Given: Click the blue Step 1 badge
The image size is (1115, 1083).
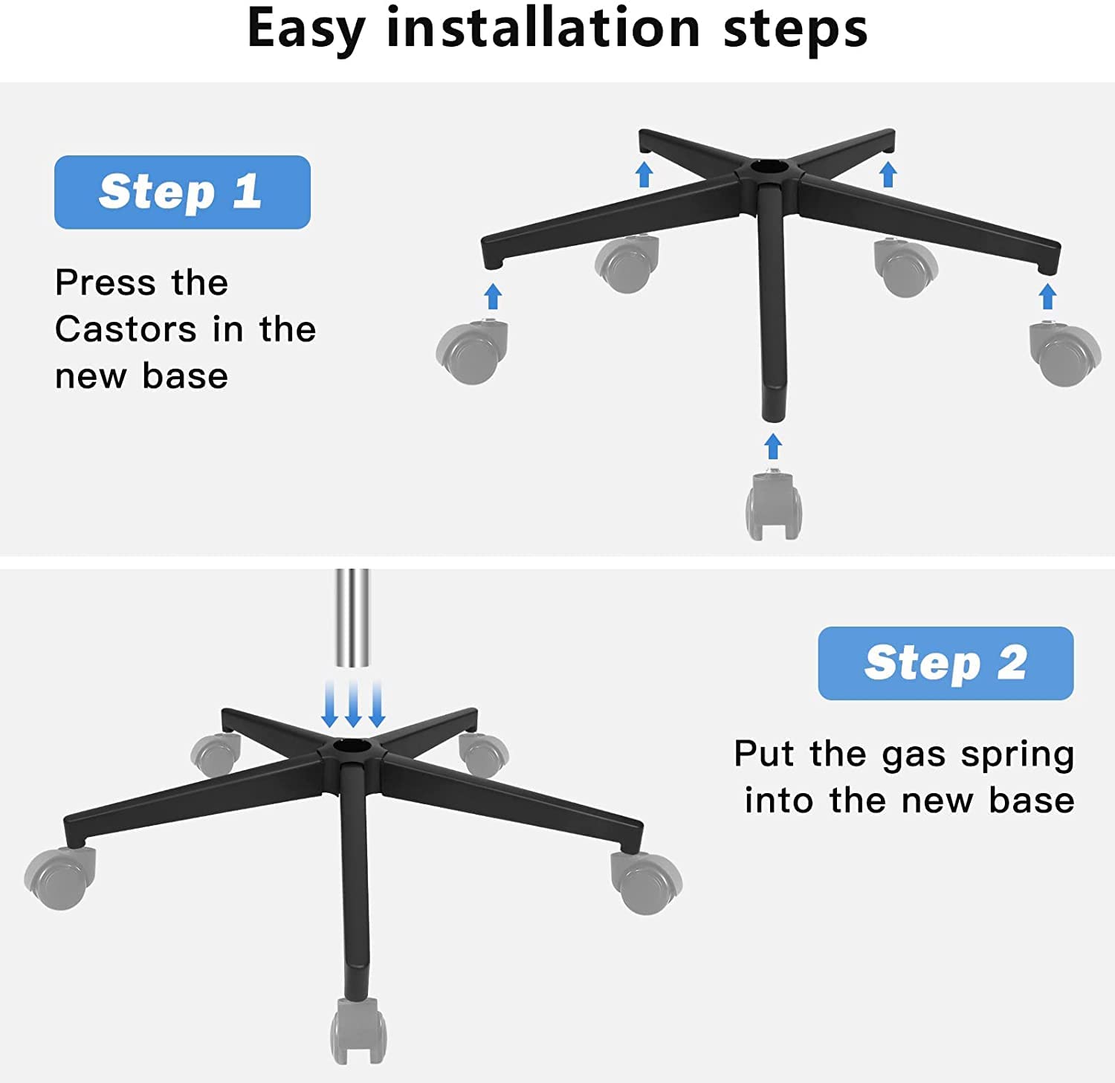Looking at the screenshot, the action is (182, 192).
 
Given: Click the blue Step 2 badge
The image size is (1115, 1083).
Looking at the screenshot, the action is (946, 663).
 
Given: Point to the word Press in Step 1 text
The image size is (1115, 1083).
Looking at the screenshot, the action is (104, 282).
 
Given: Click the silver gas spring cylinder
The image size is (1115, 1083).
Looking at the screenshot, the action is (352, 618).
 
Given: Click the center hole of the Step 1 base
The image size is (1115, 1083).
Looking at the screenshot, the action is (766, 169).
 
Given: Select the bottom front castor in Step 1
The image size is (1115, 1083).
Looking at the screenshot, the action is (774, 506).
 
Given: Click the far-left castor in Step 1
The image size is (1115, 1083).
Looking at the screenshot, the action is (472, 352).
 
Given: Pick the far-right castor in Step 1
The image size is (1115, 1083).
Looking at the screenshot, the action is (1064, 353).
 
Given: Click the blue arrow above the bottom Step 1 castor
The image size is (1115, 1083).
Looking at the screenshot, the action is (773, 447).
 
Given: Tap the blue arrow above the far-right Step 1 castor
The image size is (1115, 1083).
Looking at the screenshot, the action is (1047, 297).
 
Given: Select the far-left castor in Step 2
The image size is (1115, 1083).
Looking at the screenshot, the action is (59, 878).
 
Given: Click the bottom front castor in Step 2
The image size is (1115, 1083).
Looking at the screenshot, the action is (358, 1031).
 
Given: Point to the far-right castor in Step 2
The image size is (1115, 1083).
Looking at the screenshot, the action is (645, 882).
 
